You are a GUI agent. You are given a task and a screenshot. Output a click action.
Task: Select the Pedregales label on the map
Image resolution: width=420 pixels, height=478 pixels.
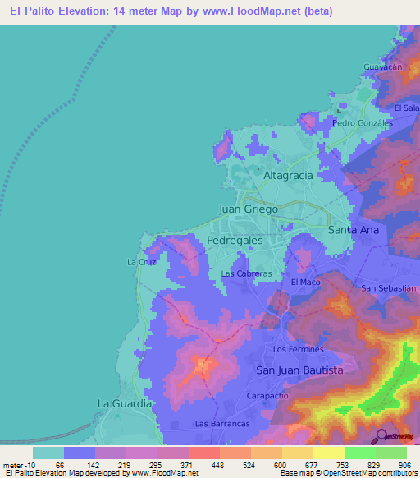235,241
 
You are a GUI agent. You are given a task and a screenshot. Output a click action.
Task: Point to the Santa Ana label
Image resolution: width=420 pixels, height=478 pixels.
354,230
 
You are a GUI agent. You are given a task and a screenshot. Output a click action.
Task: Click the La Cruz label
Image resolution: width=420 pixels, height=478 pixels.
140,262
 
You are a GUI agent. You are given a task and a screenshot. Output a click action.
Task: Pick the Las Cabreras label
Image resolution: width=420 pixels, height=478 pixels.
246,273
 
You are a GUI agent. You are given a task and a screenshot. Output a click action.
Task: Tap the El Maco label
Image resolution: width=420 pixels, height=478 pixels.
305,283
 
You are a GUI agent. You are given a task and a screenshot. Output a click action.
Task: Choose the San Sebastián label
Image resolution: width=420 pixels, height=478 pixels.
390,288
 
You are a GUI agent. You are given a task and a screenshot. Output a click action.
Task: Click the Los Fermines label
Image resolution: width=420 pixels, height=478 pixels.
299,349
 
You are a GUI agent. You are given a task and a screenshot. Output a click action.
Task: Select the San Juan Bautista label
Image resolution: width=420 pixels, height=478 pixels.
299,370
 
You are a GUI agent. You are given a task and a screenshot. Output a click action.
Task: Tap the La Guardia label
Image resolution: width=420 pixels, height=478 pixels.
125,404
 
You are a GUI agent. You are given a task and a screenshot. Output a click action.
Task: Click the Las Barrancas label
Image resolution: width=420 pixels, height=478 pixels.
221,424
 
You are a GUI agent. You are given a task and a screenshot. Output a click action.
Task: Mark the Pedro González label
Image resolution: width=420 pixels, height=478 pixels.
363,123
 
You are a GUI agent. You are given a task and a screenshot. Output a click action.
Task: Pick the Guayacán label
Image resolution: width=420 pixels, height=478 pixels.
384,68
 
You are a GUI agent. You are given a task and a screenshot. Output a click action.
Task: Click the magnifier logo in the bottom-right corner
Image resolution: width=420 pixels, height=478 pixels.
381,435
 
